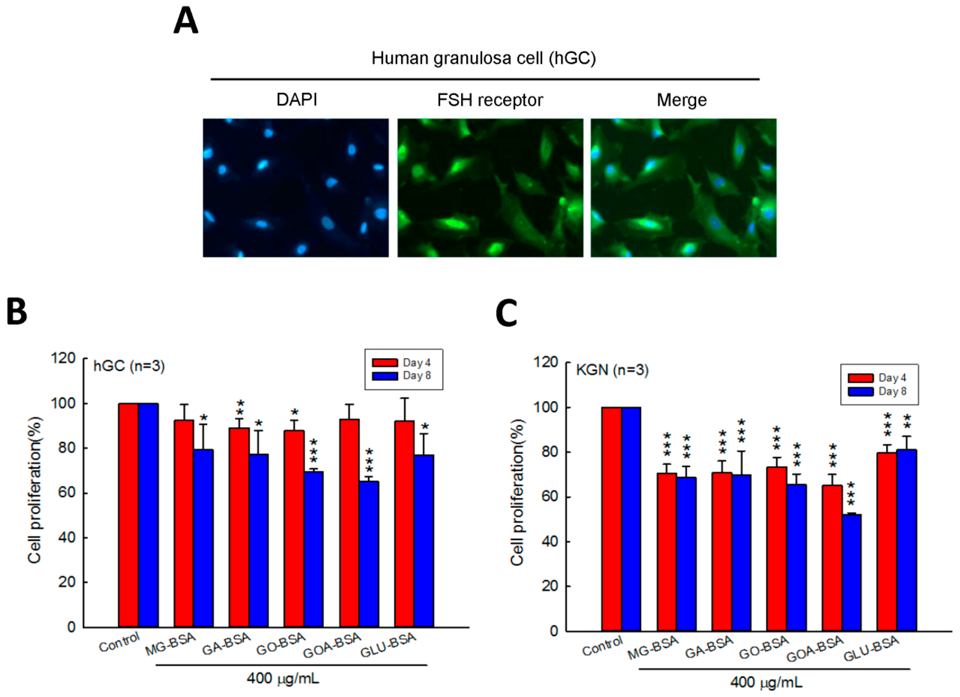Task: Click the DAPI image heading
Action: [297, 100]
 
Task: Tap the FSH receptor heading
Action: [490, 100]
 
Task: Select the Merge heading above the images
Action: [682, 100]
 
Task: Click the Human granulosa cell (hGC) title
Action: [483, 58]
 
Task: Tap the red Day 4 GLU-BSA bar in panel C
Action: [887, 542]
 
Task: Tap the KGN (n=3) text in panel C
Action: [612, 370]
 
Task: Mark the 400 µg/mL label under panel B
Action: [283, 679]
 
